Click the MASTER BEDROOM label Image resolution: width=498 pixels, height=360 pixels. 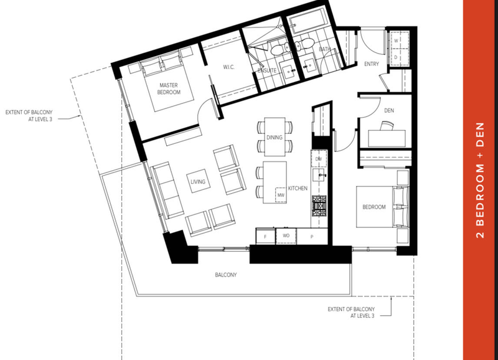tap(169, 88)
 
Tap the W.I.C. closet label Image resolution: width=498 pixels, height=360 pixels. tap(228, 67)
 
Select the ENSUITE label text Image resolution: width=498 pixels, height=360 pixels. tap(267, 70)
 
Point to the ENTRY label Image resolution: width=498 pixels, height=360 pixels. tap(372, 64)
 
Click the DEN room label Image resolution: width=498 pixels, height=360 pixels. tap(389, 110)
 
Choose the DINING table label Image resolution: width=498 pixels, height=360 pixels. tap(275, 137)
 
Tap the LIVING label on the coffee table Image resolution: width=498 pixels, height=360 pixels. tap(198, 182)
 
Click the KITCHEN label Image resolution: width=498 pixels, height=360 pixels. tap(298, 189)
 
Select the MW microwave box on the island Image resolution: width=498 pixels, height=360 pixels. tap(281, 195)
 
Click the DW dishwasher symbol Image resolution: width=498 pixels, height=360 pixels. tap(319, 159)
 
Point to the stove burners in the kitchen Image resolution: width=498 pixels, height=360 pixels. tap(319, 207)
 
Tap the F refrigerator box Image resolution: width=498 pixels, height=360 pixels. tap(266, 236)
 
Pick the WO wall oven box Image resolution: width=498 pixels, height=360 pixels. tap(286, 236)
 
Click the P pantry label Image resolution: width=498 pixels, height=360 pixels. tap(312, 237)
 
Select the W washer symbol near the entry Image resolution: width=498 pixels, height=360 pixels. tap(396, 40)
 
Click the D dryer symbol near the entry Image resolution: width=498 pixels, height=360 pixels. tap(396, 57)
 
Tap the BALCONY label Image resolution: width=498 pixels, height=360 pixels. tap(226, 275)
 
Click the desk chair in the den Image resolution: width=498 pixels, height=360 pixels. tap(387, 126)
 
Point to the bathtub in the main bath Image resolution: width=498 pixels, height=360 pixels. tap(308, 21)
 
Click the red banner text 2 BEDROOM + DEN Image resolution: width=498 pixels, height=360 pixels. tap(480, 180)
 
